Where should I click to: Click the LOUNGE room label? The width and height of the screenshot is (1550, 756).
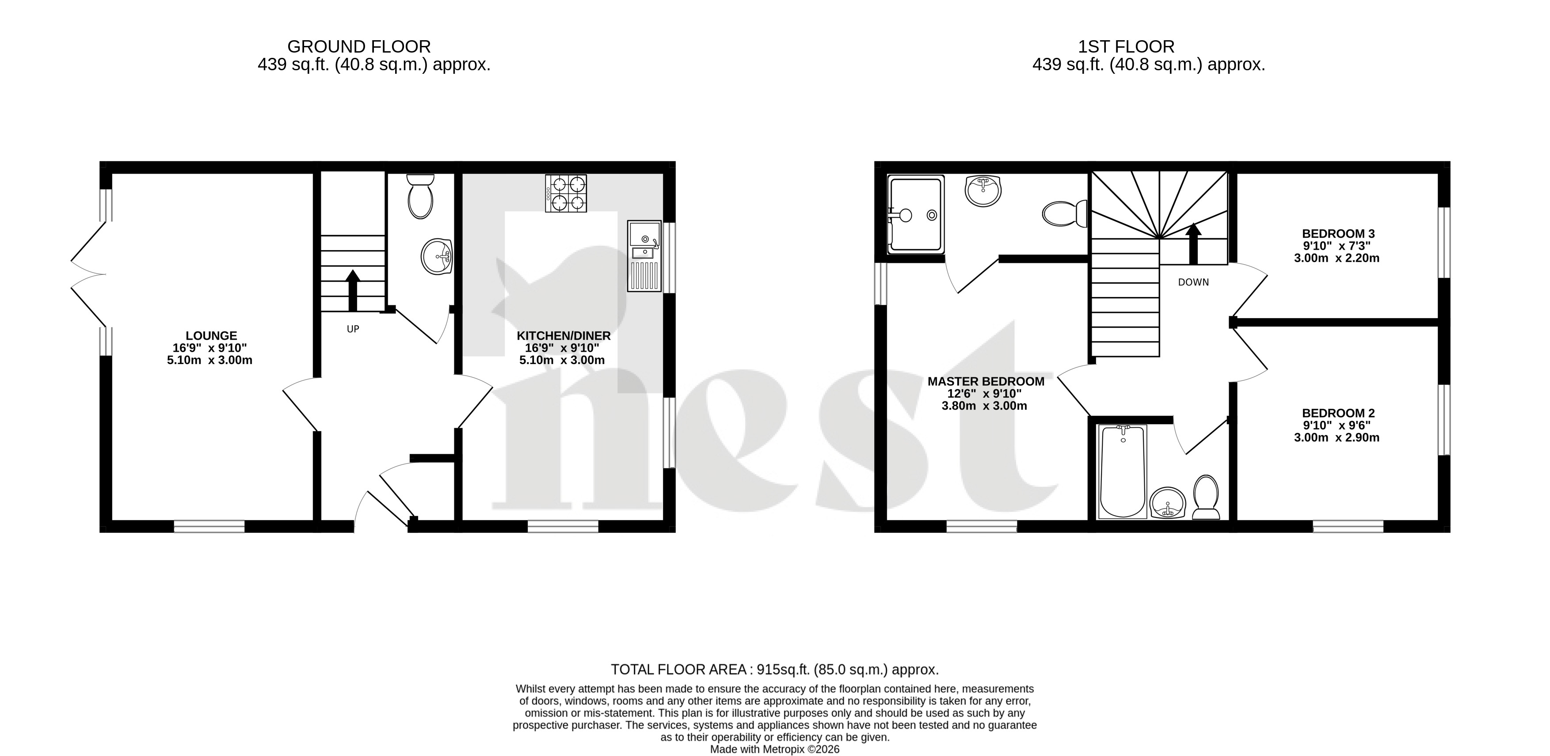click(211, 336)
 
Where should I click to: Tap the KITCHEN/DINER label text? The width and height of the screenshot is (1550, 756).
click(564, 336)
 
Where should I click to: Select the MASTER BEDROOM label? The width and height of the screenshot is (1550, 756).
click(986, 381)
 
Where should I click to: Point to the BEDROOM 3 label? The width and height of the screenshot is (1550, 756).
click(1338, 233)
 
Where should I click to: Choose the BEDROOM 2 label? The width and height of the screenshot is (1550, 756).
click(1338, 413)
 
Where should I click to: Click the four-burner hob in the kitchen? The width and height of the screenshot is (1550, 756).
click(566, 193)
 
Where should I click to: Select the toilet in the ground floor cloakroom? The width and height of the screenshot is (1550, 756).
click(420, 196)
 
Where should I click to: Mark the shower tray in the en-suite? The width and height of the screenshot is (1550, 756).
click(915, 215)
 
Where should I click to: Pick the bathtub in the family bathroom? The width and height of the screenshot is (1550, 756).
click(1123, 471)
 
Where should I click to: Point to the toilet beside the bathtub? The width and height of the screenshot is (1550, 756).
click(1206, 498)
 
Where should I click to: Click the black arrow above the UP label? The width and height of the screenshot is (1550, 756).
click(353, 290)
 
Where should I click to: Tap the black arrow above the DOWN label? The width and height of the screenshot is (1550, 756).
click(1193, 243)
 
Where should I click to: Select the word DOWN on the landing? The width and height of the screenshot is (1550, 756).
click(1193, 282)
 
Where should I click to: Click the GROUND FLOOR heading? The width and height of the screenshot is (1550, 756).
click(359, 46)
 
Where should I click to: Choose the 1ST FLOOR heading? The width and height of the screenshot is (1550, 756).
click(1126, 46)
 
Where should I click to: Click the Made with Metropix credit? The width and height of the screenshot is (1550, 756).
click(775, 749)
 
